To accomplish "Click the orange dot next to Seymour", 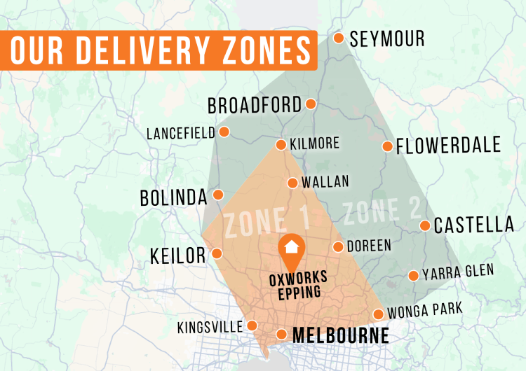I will click(x=339, y=38).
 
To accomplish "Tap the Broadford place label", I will click(x=254, y=106).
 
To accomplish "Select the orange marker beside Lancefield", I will click(x=224, y=132).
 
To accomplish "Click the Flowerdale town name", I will click(x=448, y=146).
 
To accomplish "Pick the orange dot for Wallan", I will click(x=292, y=183).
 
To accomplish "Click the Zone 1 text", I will click(x=267, y=222).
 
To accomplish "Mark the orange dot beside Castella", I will click(x=425, y=225).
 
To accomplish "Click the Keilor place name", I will click(x=178, y=255).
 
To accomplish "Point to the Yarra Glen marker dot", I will click(x=413, y=276).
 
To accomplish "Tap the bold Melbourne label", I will click(x=340, y=335).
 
